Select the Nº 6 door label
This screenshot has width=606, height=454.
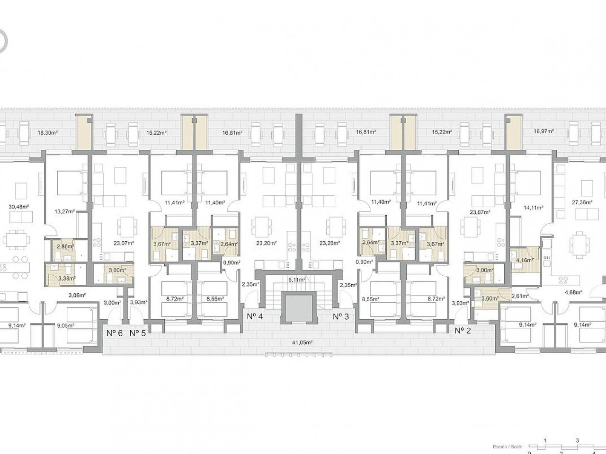pyautogui.click(x=114, y=333)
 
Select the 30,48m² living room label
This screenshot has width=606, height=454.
pyautogui.click(x=19, y=206)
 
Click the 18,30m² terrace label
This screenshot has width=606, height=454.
pyautogui.click(x=47, y=133)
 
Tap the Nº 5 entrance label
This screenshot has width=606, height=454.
pyautogui.click(x=137, y=333)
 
